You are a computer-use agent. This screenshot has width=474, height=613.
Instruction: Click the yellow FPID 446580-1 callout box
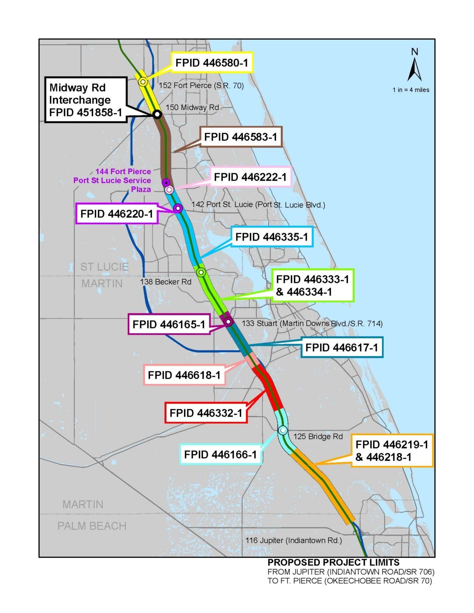coord(212,62)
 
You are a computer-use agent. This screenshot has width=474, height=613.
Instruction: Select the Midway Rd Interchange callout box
coord(86,100)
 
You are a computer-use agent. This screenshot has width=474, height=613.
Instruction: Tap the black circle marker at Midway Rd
coord(157,114)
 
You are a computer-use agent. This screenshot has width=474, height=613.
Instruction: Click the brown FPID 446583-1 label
coord(241,137)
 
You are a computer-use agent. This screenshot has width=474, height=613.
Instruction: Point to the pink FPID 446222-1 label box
coord(250,177)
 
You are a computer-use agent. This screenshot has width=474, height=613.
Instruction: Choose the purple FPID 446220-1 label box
coord(117,214)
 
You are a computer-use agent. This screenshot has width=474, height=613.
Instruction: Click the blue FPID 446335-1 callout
coord(272,237)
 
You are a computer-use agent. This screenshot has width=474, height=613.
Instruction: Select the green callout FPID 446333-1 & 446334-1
coord(313,285)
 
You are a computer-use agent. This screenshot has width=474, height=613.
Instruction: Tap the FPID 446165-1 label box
coord(169,324)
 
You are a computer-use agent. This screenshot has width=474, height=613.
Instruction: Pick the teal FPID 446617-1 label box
coord(342,347)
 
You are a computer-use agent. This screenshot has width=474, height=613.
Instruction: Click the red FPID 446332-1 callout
coord(206,413)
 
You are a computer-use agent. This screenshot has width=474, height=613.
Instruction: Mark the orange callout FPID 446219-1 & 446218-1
coord(392,451)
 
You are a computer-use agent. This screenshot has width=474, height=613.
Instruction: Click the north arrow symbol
coord(415,69)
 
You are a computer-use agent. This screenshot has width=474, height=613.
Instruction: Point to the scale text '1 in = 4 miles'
coord(411,90)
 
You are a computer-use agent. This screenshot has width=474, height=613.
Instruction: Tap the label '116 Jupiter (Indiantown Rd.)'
coord(294,540)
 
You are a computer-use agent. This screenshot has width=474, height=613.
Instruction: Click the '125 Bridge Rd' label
coord(318,437)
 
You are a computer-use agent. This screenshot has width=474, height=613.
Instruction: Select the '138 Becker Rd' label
coord(166,281)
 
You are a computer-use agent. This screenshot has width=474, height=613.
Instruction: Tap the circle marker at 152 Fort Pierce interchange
coord(143,82)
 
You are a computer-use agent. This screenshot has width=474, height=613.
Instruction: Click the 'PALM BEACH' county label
coord(92,526)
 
